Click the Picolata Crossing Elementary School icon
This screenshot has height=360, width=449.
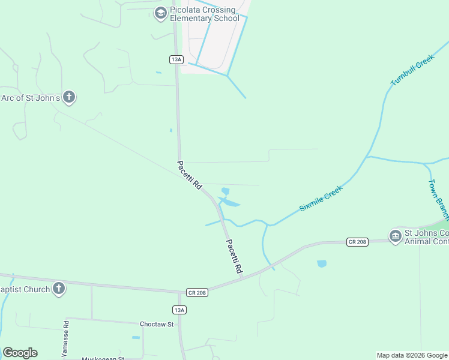(x=160, y=13)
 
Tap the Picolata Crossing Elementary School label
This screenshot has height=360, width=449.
(x=204, y=14)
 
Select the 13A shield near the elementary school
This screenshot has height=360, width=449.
(x=176, y=59)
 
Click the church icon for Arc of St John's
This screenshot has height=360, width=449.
(x=69, y=97)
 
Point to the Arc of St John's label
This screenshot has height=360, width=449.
(x=30, y=97)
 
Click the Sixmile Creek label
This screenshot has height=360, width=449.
(x=321, y=198)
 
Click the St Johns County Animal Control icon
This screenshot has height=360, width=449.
(x=395, y=236)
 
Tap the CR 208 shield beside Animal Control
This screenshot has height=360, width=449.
(x=357, y=241)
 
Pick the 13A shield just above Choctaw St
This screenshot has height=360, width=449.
(x=179, y=310)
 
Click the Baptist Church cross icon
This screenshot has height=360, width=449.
(x=58, y=289)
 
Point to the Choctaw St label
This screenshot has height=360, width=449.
(x=156, y=324)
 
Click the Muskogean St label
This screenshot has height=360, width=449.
(x=103, y=358)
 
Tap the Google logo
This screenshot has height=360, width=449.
(x=20, y=353)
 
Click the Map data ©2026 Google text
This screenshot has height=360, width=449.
(x=412, y=355)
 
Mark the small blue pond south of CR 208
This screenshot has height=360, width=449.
(x=322, y=263)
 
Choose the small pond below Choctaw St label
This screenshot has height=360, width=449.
(x=136, y=337)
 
